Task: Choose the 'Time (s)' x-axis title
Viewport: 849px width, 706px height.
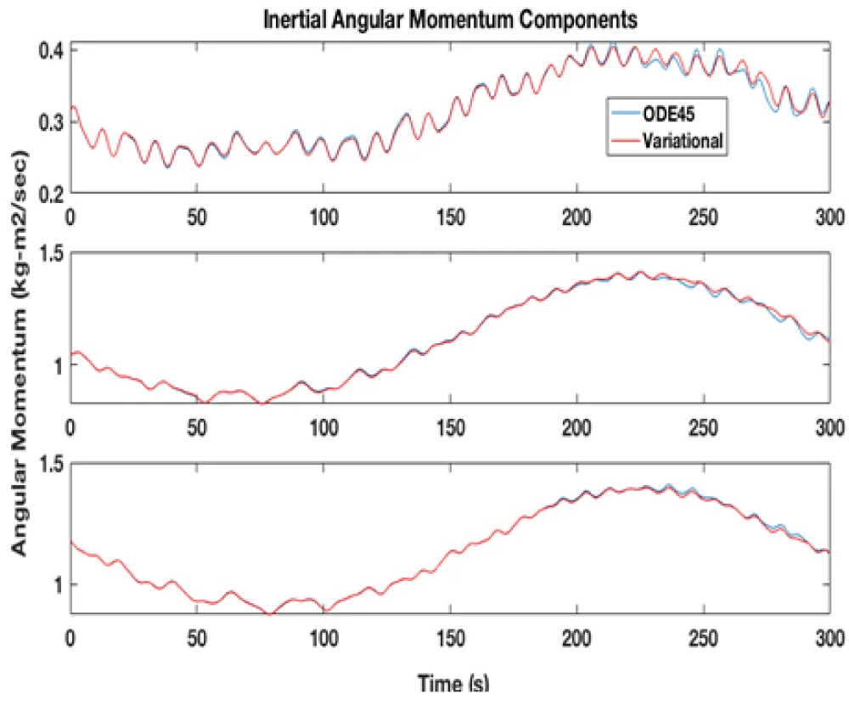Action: tap(453, 683)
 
